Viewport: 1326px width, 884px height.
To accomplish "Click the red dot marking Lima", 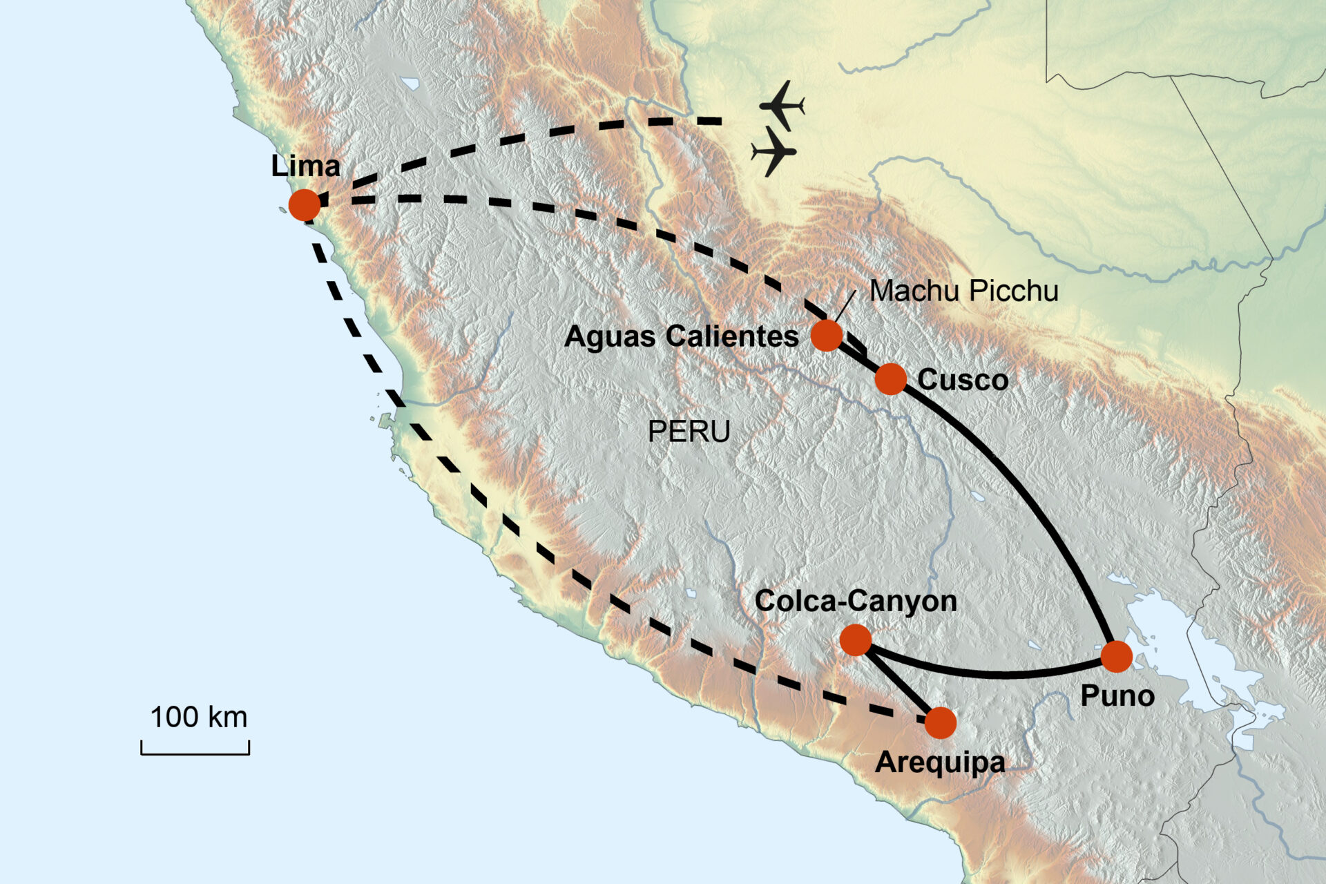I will tap(305, 204).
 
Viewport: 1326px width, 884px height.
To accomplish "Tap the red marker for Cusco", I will tap(890, 379).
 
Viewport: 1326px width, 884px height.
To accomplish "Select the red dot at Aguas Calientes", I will tap(826, 336).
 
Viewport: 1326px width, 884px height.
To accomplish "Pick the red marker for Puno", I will tap(1116, 656).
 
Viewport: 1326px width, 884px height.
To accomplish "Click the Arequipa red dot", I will tap(940, 723).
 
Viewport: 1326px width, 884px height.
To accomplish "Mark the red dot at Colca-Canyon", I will tap(856, 640).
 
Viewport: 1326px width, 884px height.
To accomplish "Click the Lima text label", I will tap(305, 166).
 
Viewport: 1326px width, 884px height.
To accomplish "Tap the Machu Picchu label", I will tap(963, 291).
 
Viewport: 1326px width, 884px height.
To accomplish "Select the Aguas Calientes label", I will tap(681, 336).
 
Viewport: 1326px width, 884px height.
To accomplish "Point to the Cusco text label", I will tap(962, 380).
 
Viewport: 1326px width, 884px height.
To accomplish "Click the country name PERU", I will tap(689, 432).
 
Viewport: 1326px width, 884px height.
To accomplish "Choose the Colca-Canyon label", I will tap(856, 601).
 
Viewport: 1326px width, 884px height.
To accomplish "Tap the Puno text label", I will tap(1117, 695).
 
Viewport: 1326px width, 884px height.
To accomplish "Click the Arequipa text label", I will tap(940, 762).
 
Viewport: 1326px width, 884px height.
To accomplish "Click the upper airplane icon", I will tap(782, 106).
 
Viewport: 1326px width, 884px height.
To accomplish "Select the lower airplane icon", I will tap(773, 151).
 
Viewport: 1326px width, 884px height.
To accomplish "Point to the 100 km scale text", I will tap(198, 717).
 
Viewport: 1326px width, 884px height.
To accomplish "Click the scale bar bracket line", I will tap(195, 753).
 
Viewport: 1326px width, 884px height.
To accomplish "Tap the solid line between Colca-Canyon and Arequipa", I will tap(898, 682).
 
